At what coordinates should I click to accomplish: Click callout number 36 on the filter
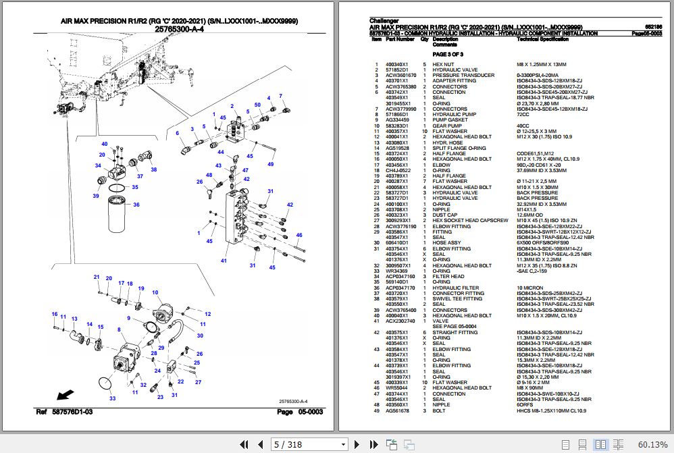click(x=136, y=205)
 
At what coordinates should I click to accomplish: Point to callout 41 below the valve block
click(x=223, y=260)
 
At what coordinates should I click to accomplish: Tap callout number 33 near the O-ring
click(x=113, y=398)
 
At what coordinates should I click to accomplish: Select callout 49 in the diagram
click(x=270, y=164)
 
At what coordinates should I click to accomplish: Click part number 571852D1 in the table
click(x=397, y=70)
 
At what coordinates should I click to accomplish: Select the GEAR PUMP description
click(x=446, y=126)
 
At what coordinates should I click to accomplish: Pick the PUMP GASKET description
click(x=449, y=120)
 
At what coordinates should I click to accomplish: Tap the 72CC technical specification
click(x=523, y=115)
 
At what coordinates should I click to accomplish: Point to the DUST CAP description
click(x=445, y=215)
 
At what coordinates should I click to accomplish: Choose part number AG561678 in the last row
click(x=397, y=410)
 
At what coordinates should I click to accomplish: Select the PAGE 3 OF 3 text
click(x=448, y=54)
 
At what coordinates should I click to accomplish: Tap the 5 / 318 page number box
click(x=293, y=444)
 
